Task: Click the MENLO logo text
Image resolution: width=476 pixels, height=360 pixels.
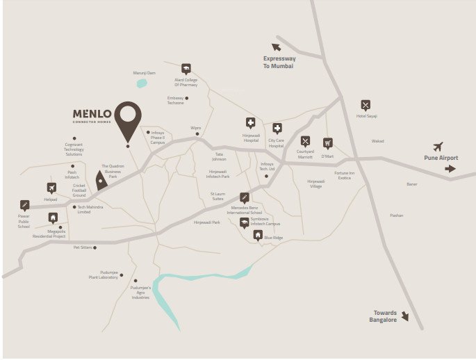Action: (x=92, y=113)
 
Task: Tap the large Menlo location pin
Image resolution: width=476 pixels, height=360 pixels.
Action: (x=128, y=120)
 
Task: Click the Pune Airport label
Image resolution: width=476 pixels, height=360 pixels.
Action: (x=441, y=158)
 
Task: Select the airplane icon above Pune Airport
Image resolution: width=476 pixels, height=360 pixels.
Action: (x=438, y=147)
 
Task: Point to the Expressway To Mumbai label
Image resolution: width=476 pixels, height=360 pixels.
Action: (x=278, y=63)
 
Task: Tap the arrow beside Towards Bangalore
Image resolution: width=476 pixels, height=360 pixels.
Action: (x=404, y=316)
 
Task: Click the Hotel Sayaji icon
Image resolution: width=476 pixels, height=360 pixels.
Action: (x=366, y=105)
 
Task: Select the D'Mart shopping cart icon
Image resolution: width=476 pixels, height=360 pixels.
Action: (x=327, y=142)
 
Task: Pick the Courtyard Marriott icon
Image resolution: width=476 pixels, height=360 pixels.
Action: (x=305, y=142)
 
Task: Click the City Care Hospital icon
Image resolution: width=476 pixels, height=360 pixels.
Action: (x=277, y=128)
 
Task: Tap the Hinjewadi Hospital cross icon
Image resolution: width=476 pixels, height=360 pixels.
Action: (x=250, y=122)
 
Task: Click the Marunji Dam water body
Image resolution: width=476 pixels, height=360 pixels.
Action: (x=142, y=83)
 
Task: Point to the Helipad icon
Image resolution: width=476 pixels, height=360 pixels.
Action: (x=51, y=188)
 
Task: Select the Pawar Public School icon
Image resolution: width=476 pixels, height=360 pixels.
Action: (x=25, y=205)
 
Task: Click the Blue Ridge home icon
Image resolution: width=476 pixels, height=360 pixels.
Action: (x=258, y=235)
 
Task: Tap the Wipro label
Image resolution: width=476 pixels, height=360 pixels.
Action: (x=196, y=128)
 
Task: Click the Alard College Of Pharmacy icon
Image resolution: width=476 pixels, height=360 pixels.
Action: (x=186, y=68)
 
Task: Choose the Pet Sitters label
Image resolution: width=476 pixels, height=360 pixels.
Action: (x=83, y=247)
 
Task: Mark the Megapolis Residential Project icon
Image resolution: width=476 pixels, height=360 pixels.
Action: (x=53, y=218)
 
